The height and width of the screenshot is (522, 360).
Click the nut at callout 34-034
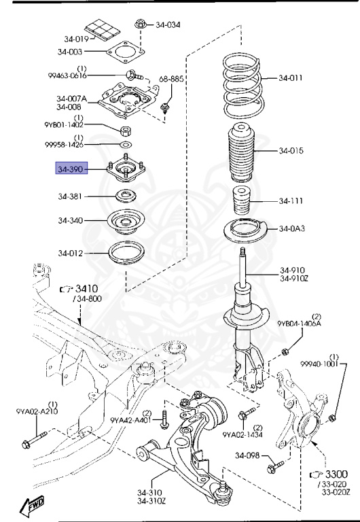coord(140,24)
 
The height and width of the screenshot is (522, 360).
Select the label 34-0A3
coord(291,228)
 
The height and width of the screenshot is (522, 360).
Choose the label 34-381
coord(71,197)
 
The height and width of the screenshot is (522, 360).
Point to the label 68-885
coord(171,80)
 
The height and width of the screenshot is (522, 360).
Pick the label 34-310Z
coord(151,502)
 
